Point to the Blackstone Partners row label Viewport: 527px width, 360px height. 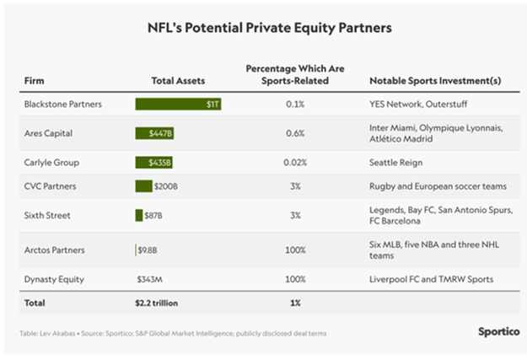tap(63, 105)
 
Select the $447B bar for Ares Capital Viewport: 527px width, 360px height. tap(154, 133)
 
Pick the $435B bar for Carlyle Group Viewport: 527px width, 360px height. tap(154, 162)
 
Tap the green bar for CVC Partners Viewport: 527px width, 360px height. tap(143, 186)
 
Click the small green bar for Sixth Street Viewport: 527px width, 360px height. tap(139, 216)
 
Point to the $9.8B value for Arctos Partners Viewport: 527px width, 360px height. tap(148, 249)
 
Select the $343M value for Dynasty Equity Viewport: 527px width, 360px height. tap(149, 277)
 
